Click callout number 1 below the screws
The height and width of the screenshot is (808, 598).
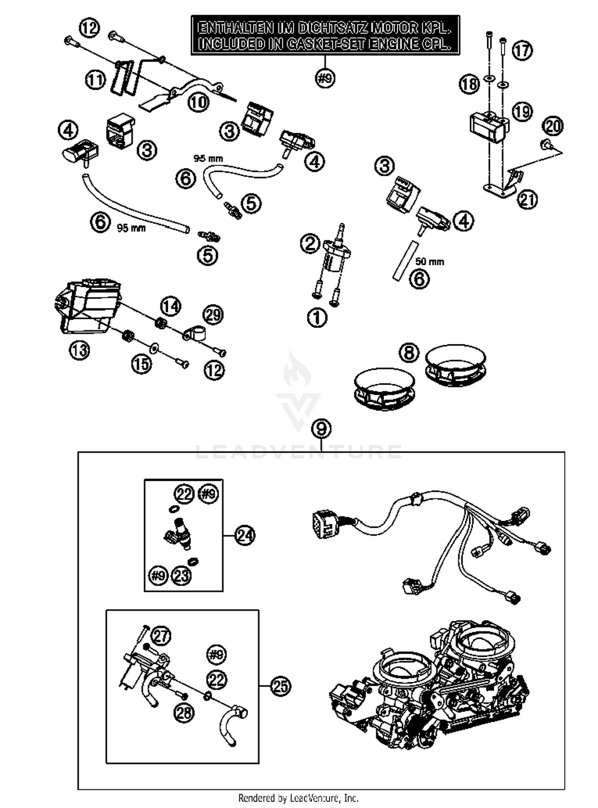317,318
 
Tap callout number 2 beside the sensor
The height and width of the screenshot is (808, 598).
310,243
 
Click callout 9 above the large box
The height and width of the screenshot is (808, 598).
322,429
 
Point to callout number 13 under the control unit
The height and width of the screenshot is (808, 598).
79,350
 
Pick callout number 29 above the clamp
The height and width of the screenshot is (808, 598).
213,315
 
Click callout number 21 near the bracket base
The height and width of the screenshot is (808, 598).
527,200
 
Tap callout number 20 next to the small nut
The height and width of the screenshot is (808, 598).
553,126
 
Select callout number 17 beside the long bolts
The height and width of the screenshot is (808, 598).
522,50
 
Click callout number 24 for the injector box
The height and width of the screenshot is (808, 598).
245,535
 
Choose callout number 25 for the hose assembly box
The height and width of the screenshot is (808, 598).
281,686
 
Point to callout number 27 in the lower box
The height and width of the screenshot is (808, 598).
161,636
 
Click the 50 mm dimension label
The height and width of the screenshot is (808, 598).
429,262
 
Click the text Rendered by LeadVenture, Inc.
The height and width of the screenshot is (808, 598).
298,798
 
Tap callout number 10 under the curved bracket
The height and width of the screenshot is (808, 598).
198,102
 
